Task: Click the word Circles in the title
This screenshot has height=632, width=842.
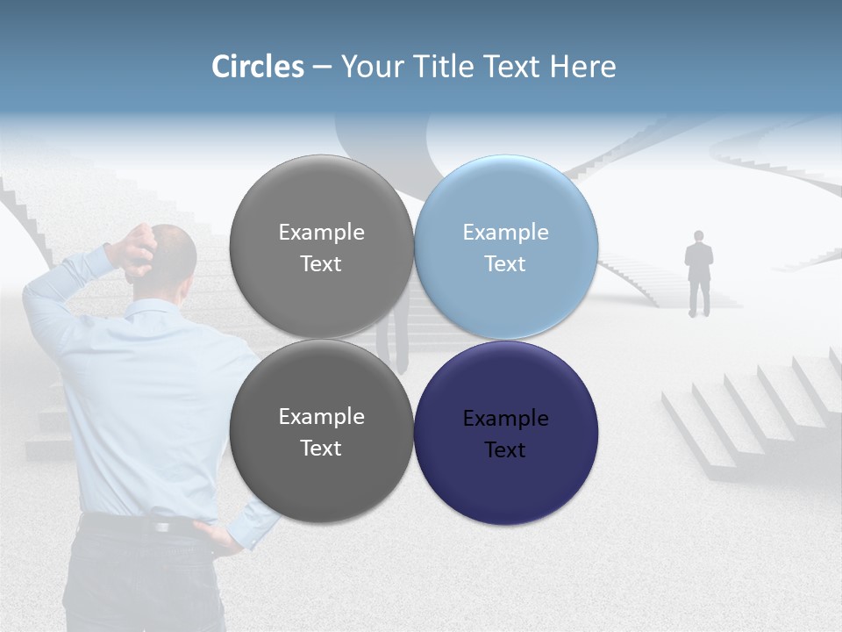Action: [x=258, y=67]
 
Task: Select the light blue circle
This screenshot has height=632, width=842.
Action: [x=505, y=248]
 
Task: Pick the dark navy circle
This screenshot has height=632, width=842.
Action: [x=505, y=432]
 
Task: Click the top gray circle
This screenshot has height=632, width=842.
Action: [x=321, y=248]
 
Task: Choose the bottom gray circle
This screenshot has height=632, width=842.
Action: [x=321, y=432]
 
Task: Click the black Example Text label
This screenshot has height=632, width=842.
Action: [x=505, y=434]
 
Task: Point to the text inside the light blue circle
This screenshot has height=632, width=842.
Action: [x=505, y=248]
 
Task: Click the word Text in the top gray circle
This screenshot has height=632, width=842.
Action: [x=321, y=263]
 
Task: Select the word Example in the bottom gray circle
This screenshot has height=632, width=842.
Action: [x=321, y=416]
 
